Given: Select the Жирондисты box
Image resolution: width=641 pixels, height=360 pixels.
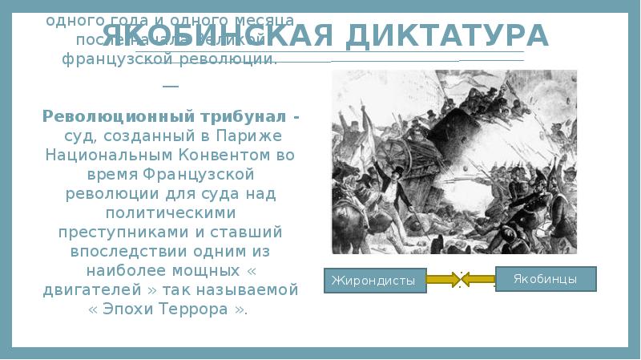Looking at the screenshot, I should (373, 281).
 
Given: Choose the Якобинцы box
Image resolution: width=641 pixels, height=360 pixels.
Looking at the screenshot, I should (546, 278).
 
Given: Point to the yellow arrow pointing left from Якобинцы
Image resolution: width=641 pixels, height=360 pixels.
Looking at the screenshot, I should (479, 280).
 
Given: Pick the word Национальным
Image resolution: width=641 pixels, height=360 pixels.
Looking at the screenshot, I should (101, 155).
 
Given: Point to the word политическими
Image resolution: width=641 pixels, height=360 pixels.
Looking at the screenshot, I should (169, 212).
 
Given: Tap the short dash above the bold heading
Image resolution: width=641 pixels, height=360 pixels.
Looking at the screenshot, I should (170, 87).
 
